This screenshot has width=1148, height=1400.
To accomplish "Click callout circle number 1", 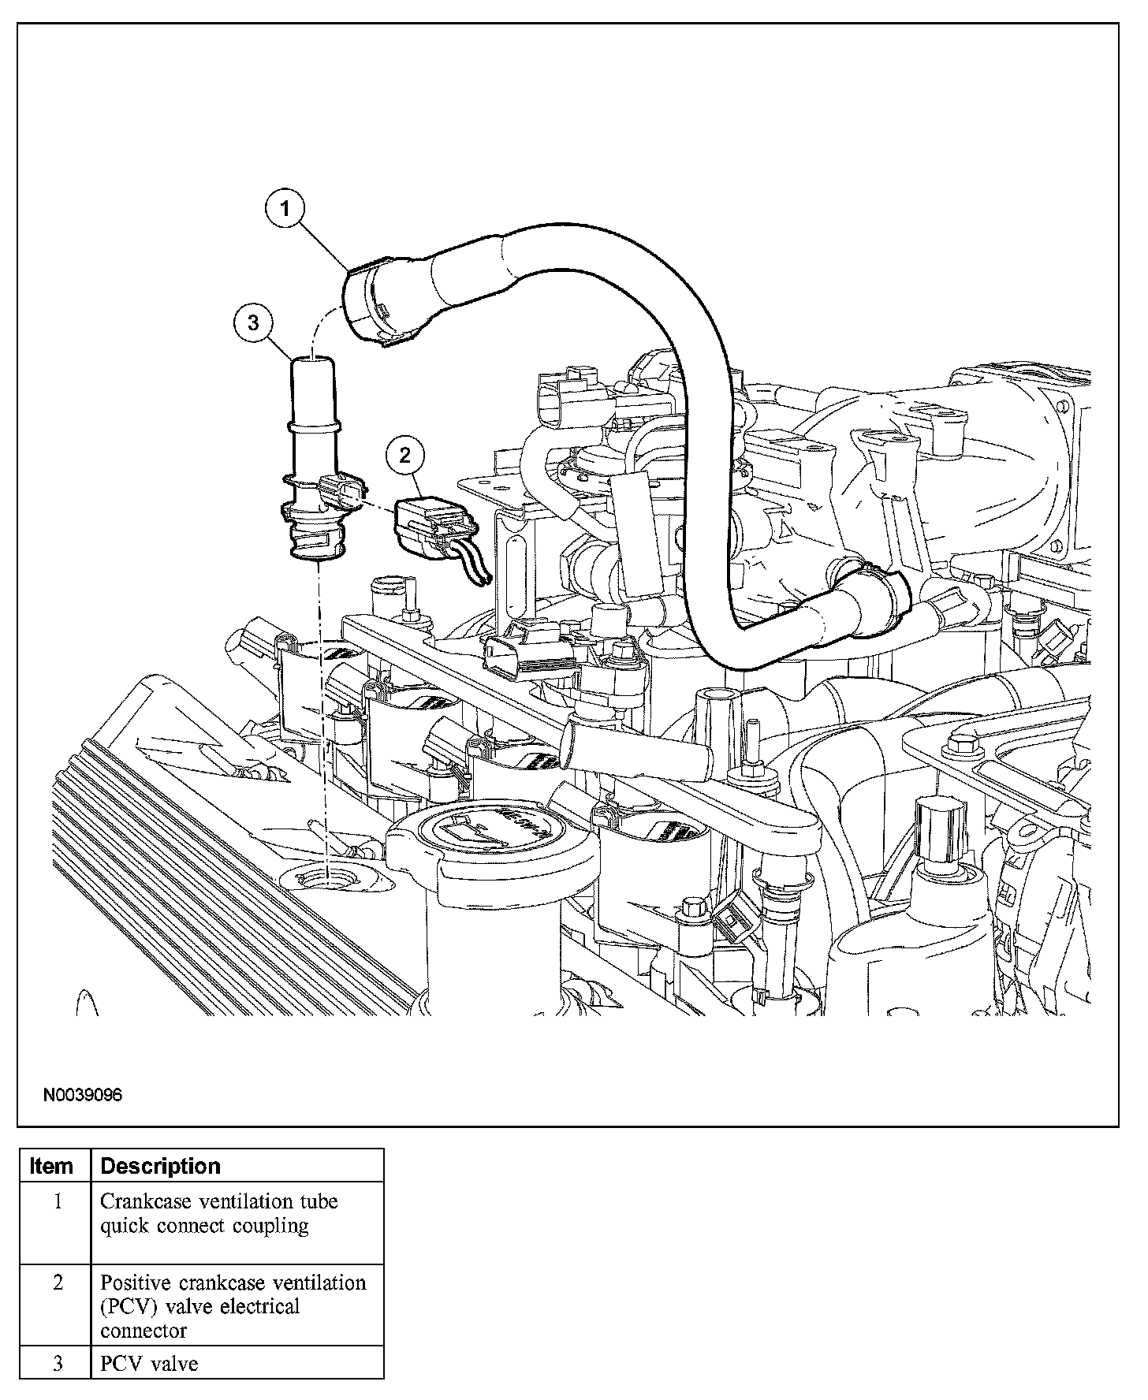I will pos(285,209).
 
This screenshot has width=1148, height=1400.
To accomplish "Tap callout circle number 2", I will pos(404,454).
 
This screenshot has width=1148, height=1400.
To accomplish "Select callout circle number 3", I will pos(252,322).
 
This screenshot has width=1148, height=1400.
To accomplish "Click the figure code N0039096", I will pos(83,1095).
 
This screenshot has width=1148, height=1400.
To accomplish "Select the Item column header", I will pos(51,1166).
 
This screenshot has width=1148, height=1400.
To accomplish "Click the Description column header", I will pos(161,1166).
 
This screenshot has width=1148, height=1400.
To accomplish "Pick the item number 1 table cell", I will pos(57,1202).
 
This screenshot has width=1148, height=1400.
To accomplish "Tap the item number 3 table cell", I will pos(57,1364).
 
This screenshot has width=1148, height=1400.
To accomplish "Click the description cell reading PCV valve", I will pos(149,1364).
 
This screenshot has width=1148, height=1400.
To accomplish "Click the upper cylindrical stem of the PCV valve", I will pos(312,390).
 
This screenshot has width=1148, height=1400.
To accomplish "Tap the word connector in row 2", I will pos(132,1331).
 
